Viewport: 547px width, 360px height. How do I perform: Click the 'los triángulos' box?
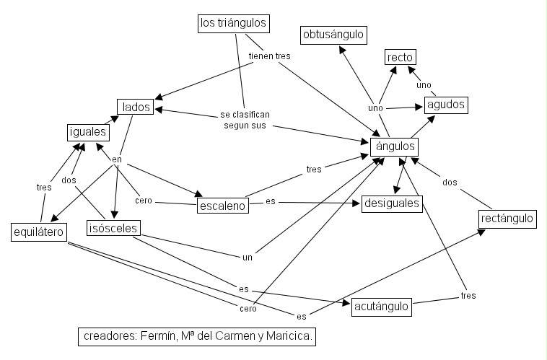234,24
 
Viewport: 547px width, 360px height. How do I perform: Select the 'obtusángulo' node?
333,35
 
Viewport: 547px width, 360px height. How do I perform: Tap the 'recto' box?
401,58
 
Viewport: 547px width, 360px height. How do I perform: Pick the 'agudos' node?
446,105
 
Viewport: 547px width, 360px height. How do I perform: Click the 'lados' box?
136,107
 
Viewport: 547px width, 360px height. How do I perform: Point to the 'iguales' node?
87,132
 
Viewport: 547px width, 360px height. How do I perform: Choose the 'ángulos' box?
394,146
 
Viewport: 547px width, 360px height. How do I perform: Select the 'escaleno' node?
222,206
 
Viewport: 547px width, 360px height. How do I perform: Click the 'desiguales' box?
392,203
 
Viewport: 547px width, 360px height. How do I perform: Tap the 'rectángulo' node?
507,218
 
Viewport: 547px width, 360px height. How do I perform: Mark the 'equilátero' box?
39,232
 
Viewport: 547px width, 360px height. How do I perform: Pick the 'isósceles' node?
113,229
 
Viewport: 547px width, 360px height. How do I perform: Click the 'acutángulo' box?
382,307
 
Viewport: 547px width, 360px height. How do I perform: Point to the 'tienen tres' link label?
269,56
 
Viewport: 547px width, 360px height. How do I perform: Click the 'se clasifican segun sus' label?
245,120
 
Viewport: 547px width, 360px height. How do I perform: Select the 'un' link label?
247,255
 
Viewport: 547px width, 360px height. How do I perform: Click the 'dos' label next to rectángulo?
450,182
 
